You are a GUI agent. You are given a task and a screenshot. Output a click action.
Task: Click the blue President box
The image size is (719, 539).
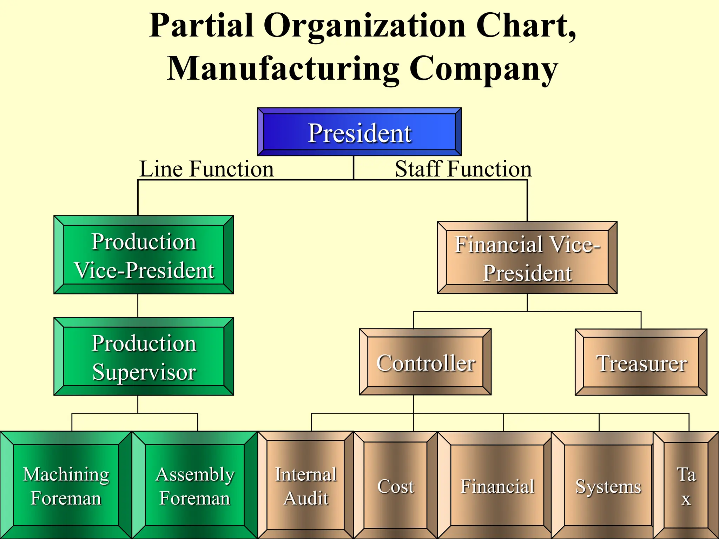(359, 132)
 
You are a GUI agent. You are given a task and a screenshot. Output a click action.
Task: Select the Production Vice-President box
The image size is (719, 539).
(144, 255)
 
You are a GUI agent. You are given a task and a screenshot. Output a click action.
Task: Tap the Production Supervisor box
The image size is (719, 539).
(144, 357)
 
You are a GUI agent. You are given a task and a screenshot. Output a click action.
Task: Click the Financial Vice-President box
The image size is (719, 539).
(527, 258)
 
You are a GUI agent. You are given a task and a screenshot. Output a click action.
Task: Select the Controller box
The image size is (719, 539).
(425, 362)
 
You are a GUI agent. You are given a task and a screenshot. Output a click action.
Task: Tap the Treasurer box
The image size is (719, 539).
(641, 362)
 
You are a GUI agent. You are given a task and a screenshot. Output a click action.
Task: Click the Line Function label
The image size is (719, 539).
(206, 169)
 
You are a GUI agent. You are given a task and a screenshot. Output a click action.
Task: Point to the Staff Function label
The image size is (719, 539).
(463, 169)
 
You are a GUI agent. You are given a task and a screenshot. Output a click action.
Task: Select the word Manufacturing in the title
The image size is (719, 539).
(283, 68)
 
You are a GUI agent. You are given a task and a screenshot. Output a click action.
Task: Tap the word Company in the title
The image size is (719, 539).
(483, 68)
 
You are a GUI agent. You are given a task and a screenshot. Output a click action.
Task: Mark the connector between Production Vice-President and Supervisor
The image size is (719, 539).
(138, 305)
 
